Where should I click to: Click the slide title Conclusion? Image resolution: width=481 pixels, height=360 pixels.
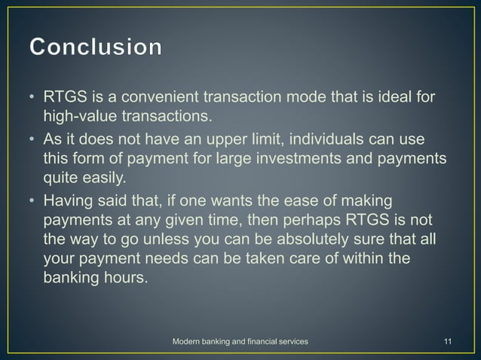[95, 47]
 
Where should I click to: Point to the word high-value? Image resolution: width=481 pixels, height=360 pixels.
[79, 117]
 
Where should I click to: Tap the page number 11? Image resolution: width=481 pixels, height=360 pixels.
[448, 343]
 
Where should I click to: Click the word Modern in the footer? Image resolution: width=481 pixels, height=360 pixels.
[188, 343]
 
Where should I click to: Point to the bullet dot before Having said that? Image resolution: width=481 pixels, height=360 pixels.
[34, 203]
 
